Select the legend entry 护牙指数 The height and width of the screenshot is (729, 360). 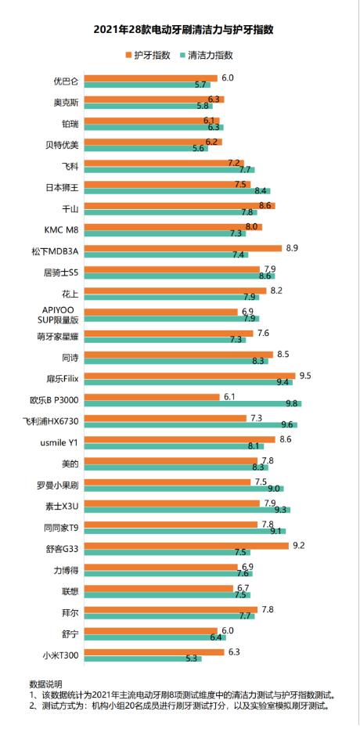(149, 56)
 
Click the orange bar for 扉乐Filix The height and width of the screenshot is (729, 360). (189, 376)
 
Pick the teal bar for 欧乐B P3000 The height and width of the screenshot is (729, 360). (193, 403)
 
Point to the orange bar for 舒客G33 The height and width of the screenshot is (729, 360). (186, 545)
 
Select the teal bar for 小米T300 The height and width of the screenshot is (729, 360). (142, 658)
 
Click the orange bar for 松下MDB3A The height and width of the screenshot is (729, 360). (183, 248)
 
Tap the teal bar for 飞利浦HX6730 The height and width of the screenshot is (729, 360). (191, 424)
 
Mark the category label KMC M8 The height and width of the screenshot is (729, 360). (63, 229)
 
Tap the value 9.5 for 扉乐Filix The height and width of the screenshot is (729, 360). (304, 375)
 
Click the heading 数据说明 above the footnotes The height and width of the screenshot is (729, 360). (45, 684)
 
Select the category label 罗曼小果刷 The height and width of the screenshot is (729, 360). (59, 484)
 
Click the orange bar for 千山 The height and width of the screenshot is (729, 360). (180, 206)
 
